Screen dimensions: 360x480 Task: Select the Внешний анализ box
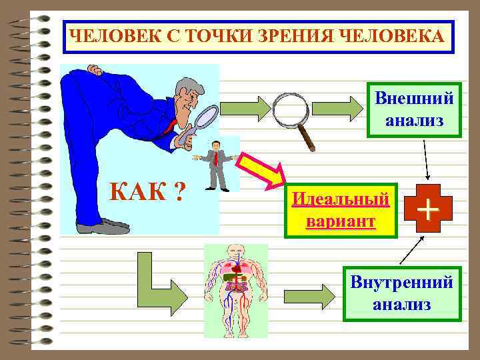[x=414, y=110]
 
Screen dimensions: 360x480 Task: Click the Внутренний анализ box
[x=402, y=294]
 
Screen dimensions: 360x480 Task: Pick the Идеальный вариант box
[x=341, y=210]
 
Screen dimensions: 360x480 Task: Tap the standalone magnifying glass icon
[x=293, y=115]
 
